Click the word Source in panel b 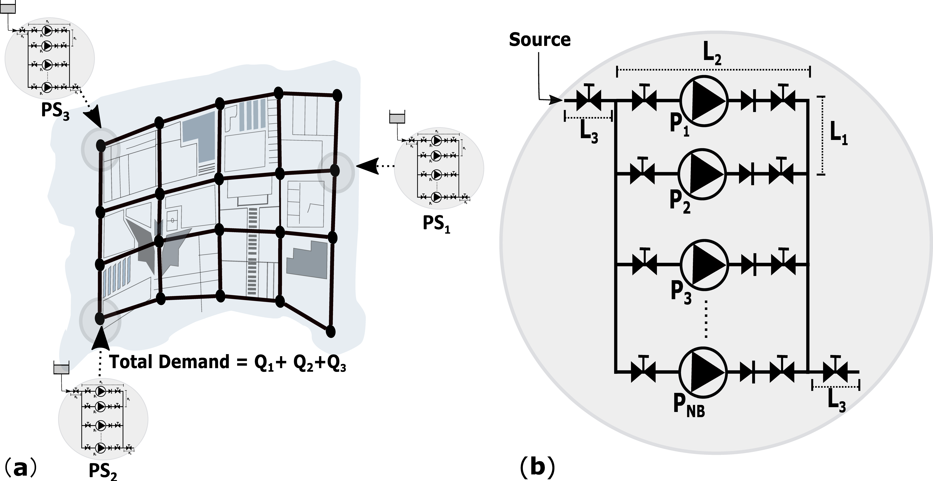click(540, 40)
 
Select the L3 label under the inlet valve click(589, 133)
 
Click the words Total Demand click(170, 362)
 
